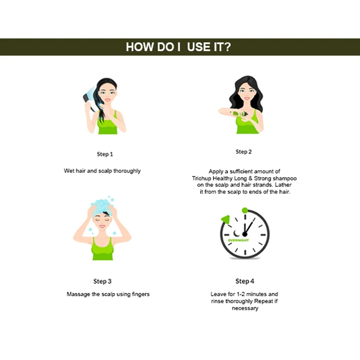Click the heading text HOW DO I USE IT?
[x=178, y=47]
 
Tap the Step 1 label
[x=105, y=154]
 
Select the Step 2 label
[x=244, y=152]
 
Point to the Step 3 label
[x=102, y=281]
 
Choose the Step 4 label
[x=245, y=281]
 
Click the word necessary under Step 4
[x=245, y=308]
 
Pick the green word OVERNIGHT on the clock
[x=238, y=240]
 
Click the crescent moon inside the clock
[x=236, y=233]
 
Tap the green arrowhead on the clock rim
[x=226, y=219]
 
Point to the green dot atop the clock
[x=245, y=210]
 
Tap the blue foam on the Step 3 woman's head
[x=102, y=206]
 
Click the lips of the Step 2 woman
[x=247, y=98]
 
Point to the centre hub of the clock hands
[x=245, y=235]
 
